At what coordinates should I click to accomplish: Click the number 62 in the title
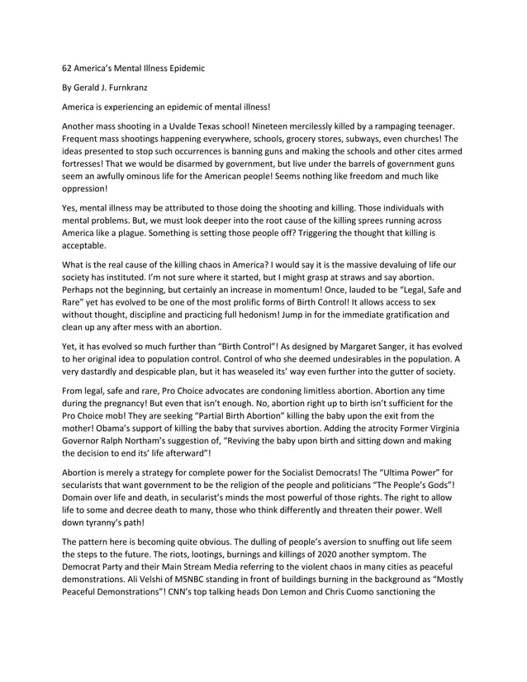(x=69, y=67)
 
